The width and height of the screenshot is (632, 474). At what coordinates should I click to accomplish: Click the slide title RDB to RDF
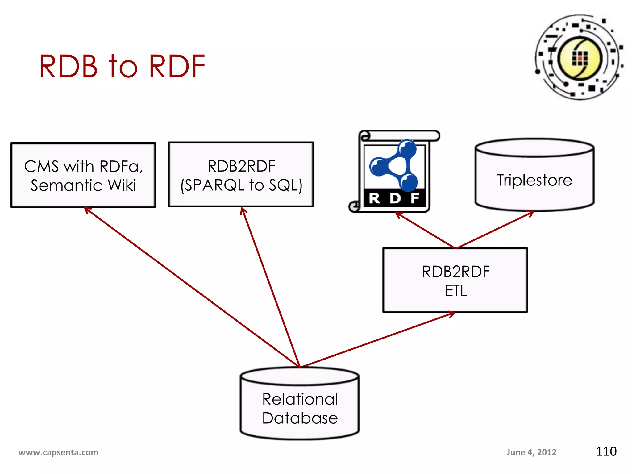tap(122, 66)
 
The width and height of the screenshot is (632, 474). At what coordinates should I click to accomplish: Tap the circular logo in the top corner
tap(579, 57)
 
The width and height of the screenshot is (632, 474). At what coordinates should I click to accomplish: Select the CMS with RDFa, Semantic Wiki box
tap(83, 175)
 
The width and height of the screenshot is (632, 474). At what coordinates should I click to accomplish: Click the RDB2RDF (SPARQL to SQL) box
tap(241, 175)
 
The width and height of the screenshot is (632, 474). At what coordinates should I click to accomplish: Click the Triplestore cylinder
tap(534, 175)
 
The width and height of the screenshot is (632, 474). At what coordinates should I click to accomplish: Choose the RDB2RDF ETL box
tap(455, 280)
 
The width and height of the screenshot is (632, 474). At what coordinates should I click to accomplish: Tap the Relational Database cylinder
tap(299, 404)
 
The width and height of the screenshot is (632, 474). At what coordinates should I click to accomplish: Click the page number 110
tap(606, 451)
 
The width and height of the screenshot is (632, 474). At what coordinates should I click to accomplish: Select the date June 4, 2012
tap(531, 452)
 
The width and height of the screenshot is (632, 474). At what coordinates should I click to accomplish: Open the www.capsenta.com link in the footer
tap(58, 452)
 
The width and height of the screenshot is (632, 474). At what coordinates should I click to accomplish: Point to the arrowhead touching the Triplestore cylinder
tap(531, 214)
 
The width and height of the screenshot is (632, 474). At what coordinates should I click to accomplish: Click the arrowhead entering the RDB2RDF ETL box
tap(452, 314)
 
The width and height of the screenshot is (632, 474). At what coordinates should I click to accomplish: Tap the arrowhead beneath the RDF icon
tap(398, 214)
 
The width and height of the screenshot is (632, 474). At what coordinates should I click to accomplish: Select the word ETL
tap(456, 291)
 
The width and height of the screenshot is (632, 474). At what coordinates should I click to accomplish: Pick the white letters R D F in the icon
tap(394, 198)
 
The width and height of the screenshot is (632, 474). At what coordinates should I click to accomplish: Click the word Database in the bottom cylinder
tap(300, 418)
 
